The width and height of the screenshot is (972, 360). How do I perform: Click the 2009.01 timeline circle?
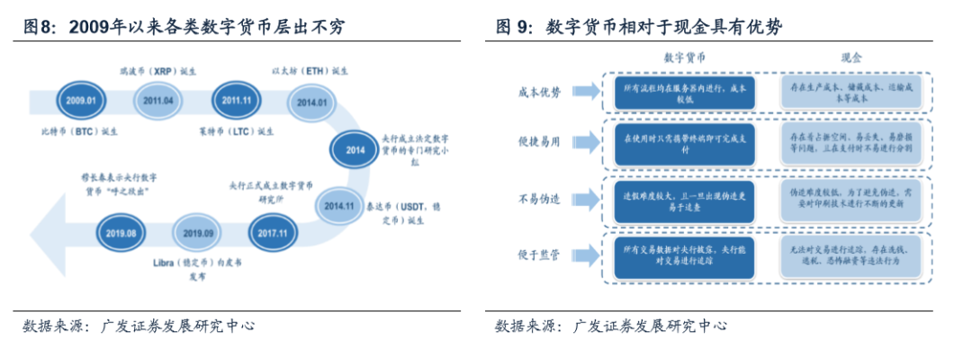pyautogui.click(x=79, y=101)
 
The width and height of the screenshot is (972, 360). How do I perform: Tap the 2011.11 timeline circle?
pyautogui.click(x=236, y=101)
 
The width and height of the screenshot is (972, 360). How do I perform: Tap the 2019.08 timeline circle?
pyautogui.click(x=121, y=233)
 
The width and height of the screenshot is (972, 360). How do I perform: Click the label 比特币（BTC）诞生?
pyautogui.click(x=80, y=130)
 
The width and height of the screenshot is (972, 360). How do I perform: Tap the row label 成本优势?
pyautogui.click(x=540, y=92)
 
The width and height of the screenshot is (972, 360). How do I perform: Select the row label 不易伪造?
pyautogui.click(x=540, y=199)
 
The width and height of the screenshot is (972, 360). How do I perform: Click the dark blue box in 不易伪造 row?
pyautogui.click(x=685, y=200)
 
